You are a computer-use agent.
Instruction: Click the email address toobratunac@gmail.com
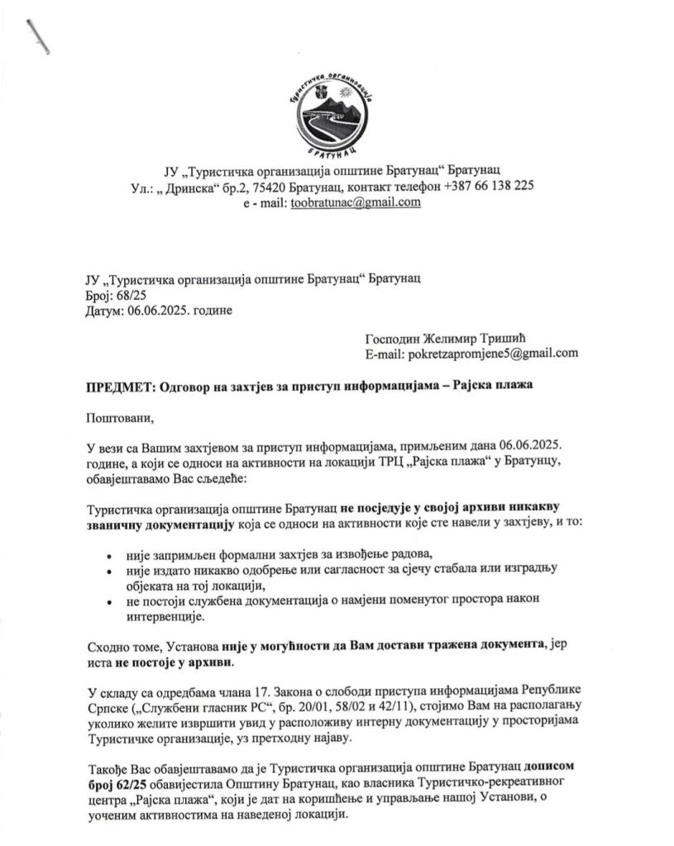[356, 202]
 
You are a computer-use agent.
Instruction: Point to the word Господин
[394, 339]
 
